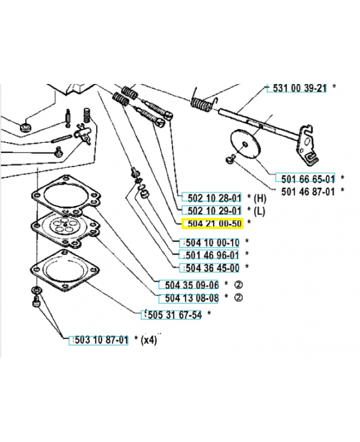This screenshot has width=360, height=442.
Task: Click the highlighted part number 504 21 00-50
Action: coord(212,223)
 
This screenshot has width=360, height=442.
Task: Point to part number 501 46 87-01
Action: coord(309,191)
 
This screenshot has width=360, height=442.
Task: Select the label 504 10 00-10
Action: coord(210,242)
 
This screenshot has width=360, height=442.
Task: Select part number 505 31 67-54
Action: coord(172,314)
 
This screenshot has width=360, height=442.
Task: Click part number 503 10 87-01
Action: coord(98,340)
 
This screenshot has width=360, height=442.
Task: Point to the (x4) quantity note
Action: coord(149,340)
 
